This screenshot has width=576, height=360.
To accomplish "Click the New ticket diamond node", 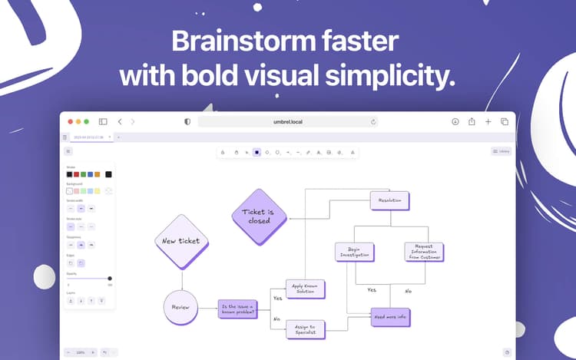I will tap(181, 241).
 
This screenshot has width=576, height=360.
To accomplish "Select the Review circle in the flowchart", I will tap(180, 307).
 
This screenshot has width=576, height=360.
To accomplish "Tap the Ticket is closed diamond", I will tap(259, 216).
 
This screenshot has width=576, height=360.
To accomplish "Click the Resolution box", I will tap(389, 200).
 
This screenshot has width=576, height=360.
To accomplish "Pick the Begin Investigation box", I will tap(355, 252).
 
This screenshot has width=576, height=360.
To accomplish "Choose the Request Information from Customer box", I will tap(424, 252).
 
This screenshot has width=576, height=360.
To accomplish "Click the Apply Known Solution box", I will tap(305, 289).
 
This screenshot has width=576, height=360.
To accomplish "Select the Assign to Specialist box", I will tap(305, 329).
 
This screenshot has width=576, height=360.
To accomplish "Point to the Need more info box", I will tap(389, 317).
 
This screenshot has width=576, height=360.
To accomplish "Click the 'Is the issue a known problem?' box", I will tap(237, 309).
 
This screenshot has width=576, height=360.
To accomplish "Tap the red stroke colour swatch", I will tap(76, 174).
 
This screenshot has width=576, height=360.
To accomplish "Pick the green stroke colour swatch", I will tap(83, 174).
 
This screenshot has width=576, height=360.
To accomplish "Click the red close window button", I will tap(71, 121).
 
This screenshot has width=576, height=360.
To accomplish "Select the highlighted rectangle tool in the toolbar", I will tap(257, 152).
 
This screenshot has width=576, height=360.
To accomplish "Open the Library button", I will tap(501, 151).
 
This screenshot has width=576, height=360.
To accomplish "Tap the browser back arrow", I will tap(120, 121).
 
